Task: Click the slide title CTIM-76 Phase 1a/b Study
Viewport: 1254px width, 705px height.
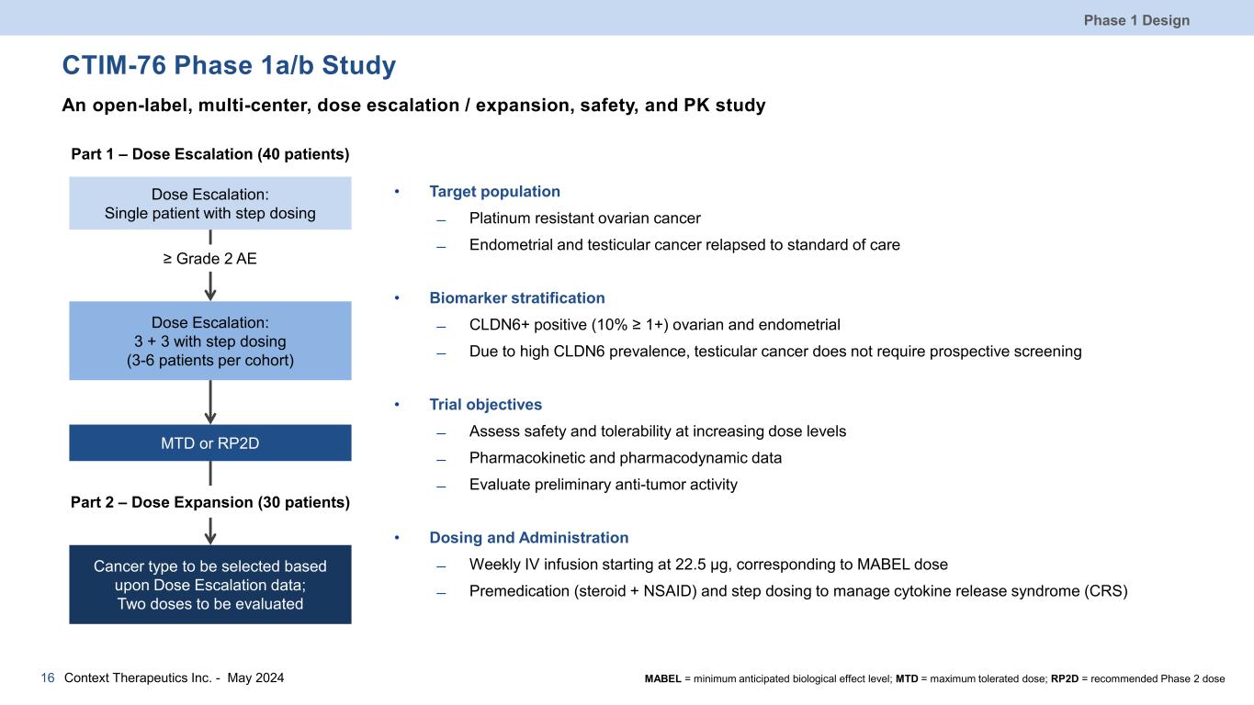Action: click(229, 66)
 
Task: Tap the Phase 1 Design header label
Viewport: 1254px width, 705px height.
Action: click(1148, 20)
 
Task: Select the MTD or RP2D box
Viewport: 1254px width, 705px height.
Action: click(210, 443)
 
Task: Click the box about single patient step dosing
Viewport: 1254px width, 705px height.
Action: click(210, 203)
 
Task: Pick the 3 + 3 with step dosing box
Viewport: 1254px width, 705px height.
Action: click(210, 341)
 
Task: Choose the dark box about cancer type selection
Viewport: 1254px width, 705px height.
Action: click(210, 585)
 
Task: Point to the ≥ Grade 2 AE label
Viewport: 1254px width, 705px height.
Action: click(210, 259)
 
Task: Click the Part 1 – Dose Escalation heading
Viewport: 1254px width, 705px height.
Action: click(210, 153)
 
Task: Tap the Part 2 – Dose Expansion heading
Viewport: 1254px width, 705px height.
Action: click(210, 502)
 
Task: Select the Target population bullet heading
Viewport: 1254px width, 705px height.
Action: click(494, 192)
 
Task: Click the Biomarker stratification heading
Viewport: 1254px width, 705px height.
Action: click(516, 298)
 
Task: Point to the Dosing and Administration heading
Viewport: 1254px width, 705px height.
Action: click(528, 538)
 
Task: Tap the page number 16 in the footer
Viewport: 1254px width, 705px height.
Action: click(48, 678)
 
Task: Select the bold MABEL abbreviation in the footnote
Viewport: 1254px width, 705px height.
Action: click(663, 679)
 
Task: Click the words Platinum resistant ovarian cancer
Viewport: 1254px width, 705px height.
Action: click(584, 218)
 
